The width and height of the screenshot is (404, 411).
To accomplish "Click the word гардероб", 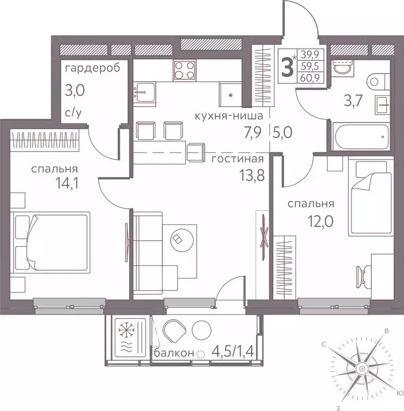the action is pyautogui.click(x=92, y=68).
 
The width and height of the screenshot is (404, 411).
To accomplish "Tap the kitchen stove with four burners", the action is pyautogui.click(x=184, y=70).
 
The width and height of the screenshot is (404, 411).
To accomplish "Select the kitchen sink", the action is pyautogui.click(x=144, y=93).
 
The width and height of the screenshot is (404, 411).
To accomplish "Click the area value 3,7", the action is pyautogui.click(x=353, y=101).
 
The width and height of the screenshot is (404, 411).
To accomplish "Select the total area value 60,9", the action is pyautogui.click(x=310, y=78).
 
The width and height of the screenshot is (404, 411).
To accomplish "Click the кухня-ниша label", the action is pyautogui.click(x=229, y=116).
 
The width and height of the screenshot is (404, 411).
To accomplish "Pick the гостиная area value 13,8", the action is pyautogui.click(x=252, y=175).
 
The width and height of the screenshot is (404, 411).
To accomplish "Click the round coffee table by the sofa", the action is pyautogui.click(x=182, y=239).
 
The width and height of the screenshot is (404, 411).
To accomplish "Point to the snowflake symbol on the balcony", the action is pyautogui.click(x=127, y=329).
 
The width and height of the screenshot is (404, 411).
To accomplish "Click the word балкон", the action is pyautogui.click(x=174, y=353).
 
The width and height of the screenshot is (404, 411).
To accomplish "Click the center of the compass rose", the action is pyautogui.click(x=361, y=367).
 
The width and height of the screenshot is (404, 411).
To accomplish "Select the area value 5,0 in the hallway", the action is pyautogui.click(x=282, y=133).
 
